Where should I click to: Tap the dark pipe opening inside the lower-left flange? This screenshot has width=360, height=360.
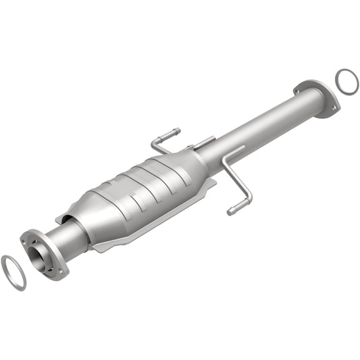click(x=40, y=255)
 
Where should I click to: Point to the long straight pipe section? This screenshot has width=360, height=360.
click(x=263, y=128)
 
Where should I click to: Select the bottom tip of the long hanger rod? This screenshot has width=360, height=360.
click(x=232, y=211)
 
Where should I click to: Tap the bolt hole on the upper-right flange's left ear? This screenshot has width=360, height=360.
click(x=298, y=86)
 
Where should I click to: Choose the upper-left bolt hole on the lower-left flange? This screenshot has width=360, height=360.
click(x=28, y=236)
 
